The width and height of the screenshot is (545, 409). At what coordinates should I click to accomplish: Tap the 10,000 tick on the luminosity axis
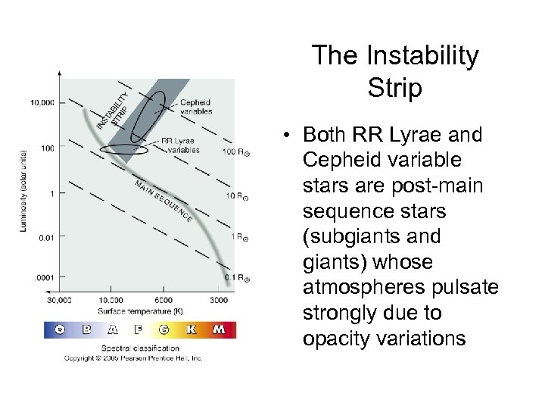pos(42,102)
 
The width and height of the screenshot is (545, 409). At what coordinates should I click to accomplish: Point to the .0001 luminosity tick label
pos(45,279)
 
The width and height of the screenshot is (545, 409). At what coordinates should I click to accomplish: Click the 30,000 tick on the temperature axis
pos(59,299)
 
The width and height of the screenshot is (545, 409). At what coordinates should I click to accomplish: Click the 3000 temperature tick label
pos(219,299)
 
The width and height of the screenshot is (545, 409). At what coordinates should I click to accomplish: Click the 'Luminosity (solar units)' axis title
pos(23,193)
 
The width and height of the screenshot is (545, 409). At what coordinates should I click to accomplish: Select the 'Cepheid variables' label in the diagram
pos(195,108)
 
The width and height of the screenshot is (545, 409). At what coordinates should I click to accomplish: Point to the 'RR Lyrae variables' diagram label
pos(180,145)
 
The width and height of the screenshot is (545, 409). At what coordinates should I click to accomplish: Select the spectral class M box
pos(219,330)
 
